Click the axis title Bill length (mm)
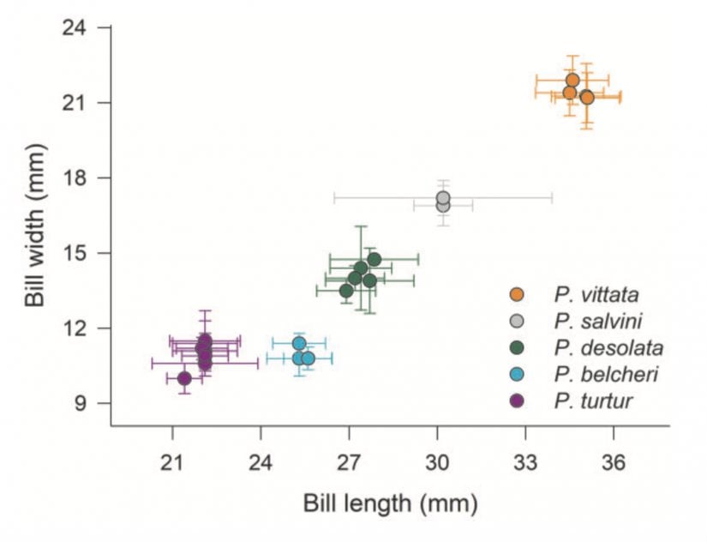[390, 503]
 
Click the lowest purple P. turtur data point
[184, 378]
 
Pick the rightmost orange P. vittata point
[587, 97]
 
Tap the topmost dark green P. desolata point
[374, 259]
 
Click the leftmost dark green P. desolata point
[346, 291]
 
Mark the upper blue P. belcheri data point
[299, 343]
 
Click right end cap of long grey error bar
[552, 197]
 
